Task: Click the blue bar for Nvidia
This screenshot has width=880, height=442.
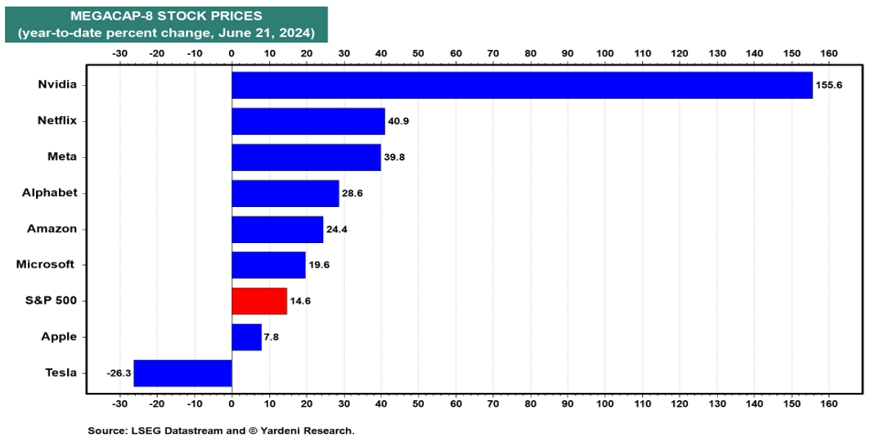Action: tap(522, 85)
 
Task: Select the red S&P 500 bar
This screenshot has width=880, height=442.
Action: tap(259, 300)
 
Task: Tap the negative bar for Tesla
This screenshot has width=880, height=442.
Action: tap(182, 372)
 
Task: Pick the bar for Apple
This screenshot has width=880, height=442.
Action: tap(246, 336)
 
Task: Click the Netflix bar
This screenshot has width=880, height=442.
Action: tap(308, 121)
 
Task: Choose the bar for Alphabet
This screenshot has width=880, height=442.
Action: tap(285, 193)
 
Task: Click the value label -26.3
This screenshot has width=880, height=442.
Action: tap(119, 372)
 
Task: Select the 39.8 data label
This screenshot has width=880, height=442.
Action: tap(397, 157)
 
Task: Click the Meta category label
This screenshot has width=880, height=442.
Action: tap(61, 156)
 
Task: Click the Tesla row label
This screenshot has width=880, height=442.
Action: tap(61, 372)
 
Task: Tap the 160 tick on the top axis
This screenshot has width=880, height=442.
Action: tap(829, 53)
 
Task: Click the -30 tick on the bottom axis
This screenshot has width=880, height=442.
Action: tap(119, 404)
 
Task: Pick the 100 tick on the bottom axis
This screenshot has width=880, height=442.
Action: tap(605, 404)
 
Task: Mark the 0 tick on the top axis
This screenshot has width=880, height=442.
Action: tap(231, 53)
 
